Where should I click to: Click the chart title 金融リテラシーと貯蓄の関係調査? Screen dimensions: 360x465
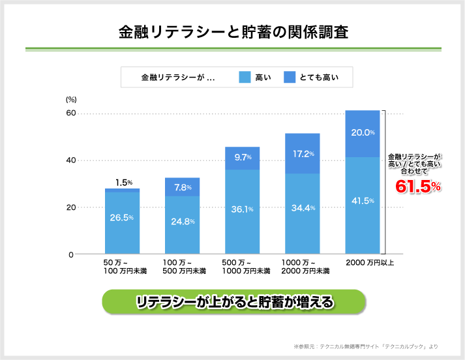233,32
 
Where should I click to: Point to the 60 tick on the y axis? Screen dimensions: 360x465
71,113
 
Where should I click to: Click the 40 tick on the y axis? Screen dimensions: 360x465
71,160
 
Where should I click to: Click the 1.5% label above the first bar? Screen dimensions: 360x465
124,183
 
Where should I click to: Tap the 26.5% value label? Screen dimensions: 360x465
122,217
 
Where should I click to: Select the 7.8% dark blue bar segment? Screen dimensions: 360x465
182,187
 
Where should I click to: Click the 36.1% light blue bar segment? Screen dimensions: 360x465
242,209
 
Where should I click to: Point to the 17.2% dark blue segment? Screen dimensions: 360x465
302,154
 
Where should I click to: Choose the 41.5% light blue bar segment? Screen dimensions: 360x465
362,202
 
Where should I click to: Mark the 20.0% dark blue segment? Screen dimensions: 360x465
362,133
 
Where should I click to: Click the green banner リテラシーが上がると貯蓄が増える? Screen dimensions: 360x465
234,303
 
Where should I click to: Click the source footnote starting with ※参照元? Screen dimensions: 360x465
376,346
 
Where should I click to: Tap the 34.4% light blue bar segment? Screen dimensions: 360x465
302,209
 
